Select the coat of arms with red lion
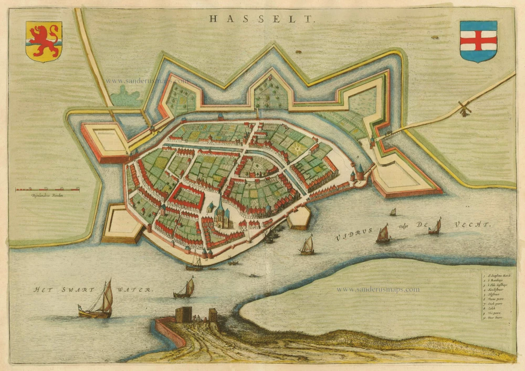coord(44,41)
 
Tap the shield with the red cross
coord(478,41)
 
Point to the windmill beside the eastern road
coord(463,109)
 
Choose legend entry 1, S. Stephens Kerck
coord(498,275)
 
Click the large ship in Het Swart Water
coord(98,301)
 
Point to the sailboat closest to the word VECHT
coord(435,227)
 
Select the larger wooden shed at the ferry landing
coord(184,314)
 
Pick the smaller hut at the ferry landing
coord(213,314)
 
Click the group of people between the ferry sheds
coord(198,318)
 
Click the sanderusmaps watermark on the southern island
coord(377,289)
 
